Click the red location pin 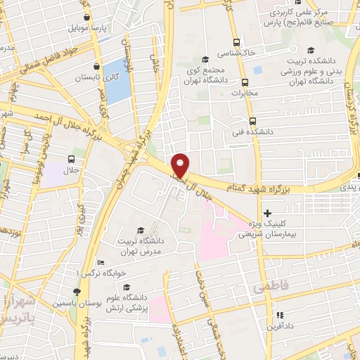point(181,165)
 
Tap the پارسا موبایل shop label point(69,30)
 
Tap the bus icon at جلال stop point(71,159)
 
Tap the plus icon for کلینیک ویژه point(266,213)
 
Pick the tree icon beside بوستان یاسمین point(77,292)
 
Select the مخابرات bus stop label point(246,93)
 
